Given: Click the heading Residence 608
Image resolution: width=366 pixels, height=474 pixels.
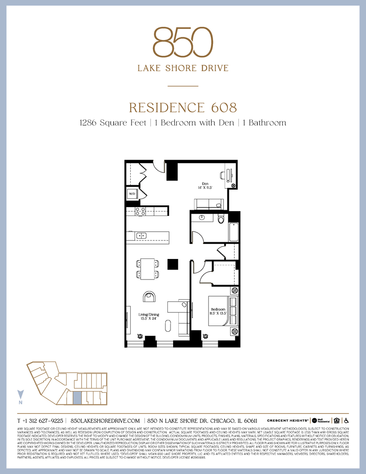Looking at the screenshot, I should [x=183, y=108].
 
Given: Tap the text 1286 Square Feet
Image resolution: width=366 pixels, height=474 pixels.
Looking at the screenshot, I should [x=112, y=122].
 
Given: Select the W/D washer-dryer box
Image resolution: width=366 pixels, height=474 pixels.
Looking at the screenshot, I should [x=132, y=193].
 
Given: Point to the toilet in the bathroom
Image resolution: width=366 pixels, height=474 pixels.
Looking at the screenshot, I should [x=221, y=218].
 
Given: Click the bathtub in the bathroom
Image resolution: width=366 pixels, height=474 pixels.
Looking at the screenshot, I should [x=233, y=232].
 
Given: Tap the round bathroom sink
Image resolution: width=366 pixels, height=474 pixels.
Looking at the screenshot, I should [x=202, y=217].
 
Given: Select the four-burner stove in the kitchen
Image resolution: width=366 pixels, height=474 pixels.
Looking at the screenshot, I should [x=140, y=211].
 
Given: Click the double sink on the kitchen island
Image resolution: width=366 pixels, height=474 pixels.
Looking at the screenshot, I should [x=141, y=236].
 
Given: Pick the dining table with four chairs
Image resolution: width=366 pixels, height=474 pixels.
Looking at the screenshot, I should [x=147, y=269].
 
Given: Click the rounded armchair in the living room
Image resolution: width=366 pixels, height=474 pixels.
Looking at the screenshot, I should [x=149, y=297].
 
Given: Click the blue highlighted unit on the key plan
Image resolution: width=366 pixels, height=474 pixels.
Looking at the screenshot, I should [x=77, y=398].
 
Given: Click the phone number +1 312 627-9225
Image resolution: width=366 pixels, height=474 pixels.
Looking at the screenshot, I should [x=40, y=420].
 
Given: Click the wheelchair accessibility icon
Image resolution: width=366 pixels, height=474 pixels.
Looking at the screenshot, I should [x=346, y=420].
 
